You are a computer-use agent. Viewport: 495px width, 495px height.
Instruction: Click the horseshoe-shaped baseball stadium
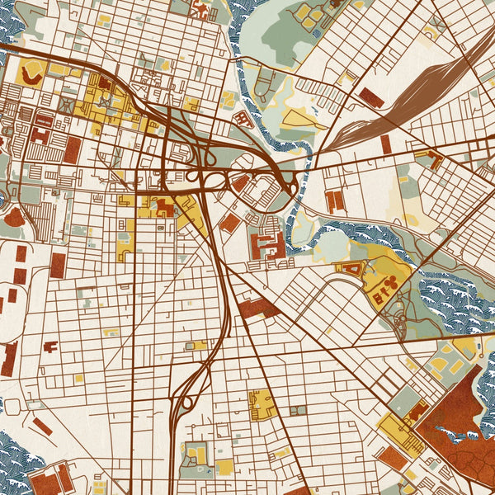[31, 75]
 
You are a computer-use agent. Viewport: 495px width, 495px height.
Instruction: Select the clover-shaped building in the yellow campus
[390, 285]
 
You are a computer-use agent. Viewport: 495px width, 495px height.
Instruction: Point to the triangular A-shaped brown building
[351, 268]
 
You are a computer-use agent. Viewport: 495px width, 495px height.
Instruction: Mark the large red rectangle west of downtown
[73, 149]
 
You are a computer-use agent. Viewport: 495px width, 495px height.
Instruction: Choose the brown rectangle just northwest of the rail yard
[371, 98]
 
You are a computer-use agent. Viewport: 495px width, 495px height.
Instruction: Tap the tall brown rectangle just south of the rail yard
[385, 144]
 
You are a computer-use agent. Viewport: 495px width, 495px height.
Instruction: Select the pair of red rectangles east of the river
[334, 200]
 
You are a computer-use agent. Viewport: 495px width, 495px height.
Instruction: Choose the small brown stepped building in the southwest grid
[49, 346]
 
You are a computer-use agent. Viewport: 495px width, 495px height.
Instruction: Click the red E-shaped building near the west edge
[40, 134]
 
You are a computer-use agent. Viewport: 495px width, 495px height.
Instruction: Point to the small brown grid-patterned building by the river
[242, 119]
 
